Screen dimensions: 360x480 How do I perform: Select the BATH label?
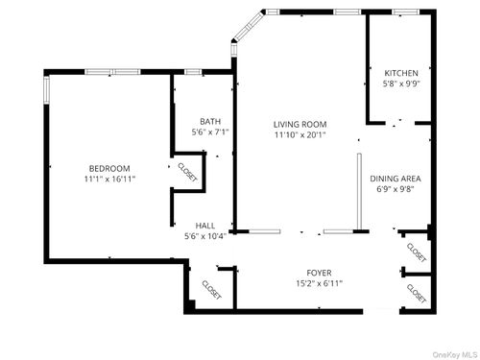point(210,120)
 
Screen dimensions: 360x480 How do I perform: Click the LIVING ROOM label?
point(300,124)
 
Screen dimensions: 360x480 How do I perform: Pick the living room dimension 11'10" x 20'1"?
point(300,135)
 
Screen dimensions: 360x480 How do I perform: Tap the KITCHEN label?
point(401,73)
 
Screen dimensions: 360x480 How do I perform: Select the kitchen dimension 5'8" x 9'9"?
point(401,84)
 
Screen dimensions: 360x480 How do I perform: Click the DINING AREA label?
point(396,179)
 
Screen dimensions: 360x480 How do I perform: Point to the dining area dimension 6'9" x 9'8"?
point(396,189)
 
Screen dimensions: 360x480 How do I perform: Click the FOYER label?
point(319,272)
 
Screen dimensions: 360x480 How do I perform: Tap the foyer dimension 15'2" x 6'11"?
point(319,283)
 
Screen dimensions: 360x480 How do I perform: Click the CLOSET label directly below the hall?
point(210,289)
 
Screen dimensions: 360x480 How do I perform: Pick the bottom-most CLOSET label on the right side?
point(417,291)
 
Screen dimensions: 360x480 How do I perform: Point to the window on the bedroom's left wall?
point(45,86)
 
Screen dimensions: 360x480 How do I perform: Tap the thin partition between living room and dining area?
point(359,192)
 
